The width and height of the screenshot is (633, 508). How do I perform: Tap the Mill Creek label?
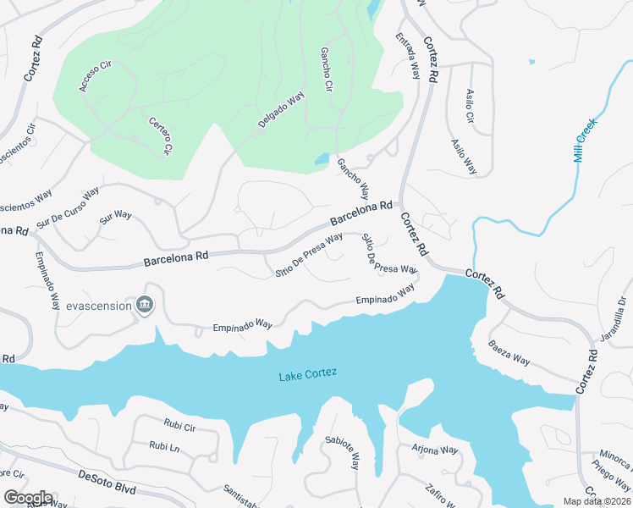click(585, 141)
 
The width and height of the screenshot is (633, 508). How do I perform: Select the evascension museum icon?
click(145, 305)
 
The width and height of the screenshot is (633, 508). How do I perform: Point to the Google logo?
click(28, 497)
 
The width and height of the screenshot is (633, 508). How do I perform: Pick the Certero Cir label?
click(161, 136)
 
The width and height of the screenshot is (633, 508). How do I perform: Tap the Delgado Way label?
click(281, 111)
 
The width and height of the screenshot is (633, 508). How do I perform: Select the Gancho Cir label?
click(325, 71)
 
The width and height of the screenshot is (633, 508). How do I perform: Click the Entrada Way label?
click(408, 57)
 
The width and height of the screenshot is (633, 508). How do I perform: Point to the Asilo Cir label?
click(471, 106)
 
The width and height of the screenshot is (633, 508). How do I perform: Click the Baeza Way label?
click(509, 352)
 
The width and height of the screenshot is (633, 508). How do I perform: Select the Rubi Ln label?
click(164, 445)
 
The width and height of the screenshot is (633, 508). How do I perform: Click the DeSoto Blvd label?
click(107, 481)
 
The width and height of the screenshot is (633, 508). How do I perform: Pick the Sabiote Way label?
click(342, 453)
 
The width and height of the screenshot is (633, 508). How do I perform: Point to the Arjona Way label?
click(434, 449)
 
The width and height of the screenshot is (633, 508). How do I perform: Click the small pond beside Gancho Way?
click(322, 159)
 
